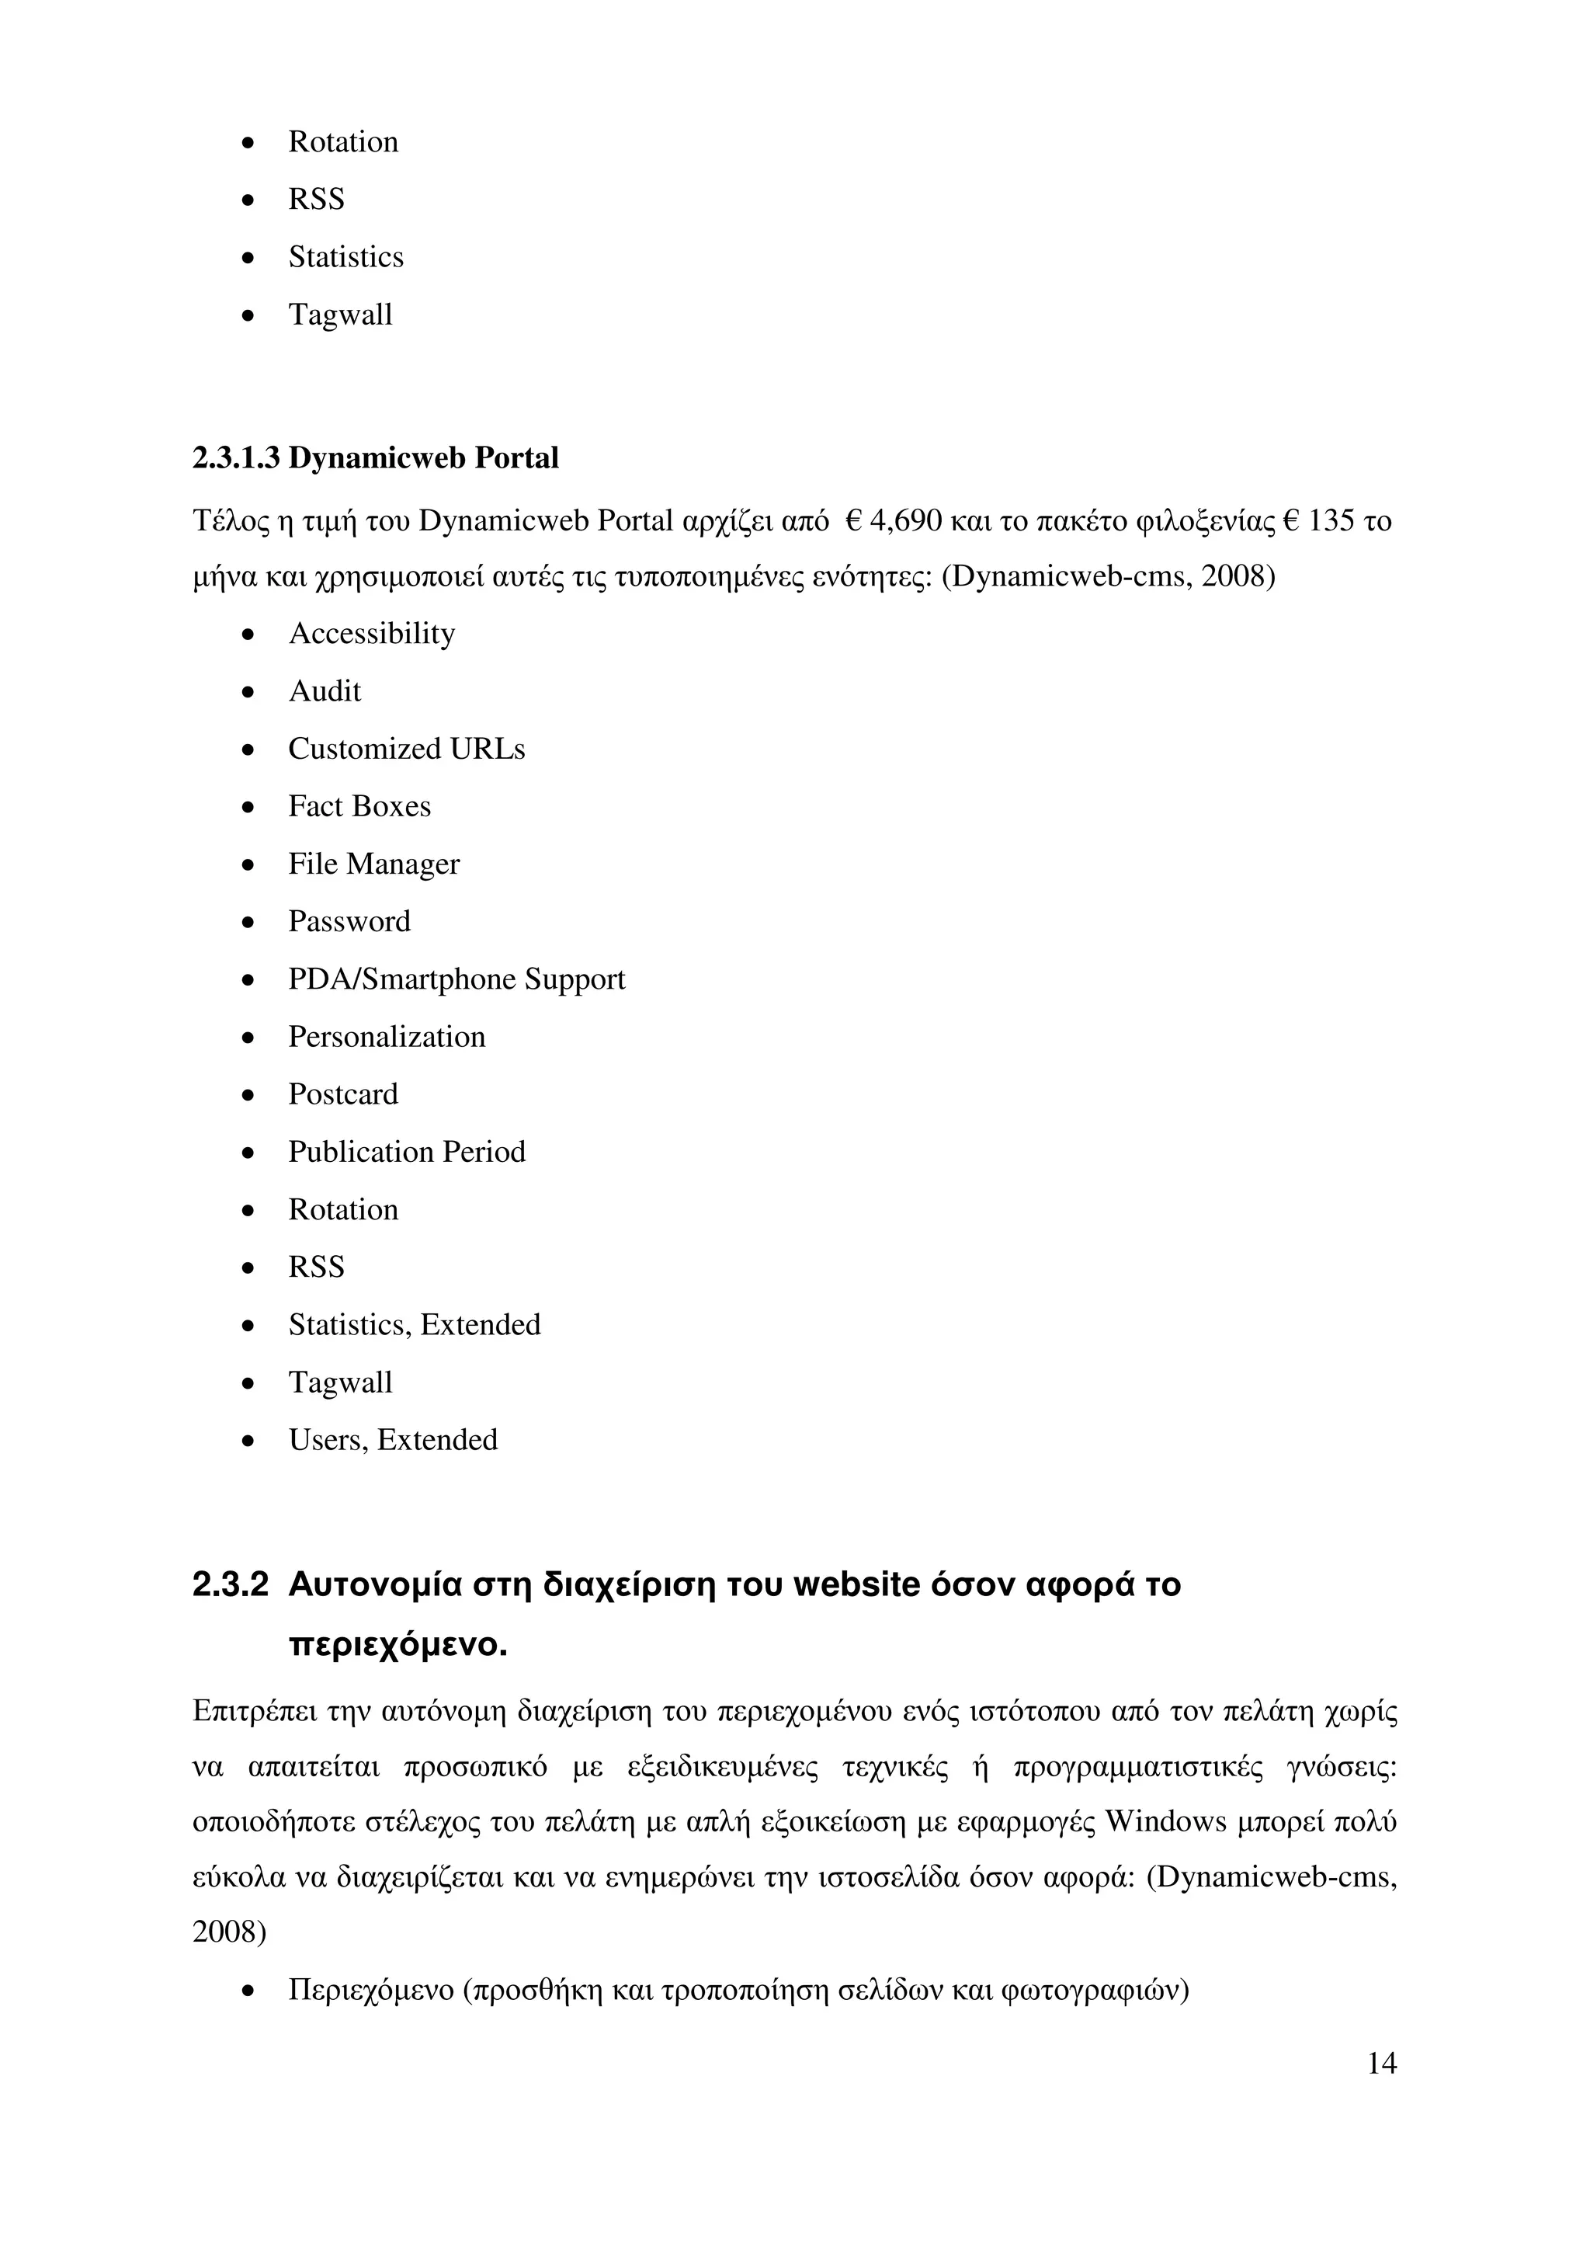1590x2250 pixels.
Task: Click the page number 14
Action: pyautogui.click(x=1380, y=2063)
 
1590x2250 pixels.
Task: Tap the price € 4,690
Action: pyautogui.click(x=891, y=520)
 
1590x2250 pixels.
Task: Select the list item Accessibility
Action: pyautogui.click(x=371, y=634)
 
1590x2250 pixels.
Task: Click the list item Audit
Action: pyautogui.click(x=325, y=692)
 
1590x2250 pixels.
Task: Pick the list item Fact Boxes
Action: pyautogui.click(x=359, y=806)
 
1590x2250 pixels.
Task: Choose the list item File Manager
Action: pyautogui.click(x=373, y=864)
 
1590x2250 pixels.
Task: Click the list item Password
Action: pyautogui.click(x=349, y=921)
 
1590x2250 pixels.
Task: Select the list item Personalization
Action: pyautogui.click(x=386, y=1037)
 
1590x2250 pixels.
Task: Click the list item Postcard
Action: pyautogui.click(x=343, y=1094)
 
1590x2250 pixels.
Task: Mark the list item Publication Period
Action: pyautogui.click(x=407, y=1152)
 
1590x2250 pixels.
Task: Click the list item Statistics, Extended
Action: pyautogui.click(x=415, y=1325)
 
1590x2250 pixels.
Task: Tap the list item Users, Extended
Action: pyautogui.click(x=393, y=1440)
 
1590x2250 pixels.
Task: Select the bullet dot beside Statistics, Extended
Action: pyautogui.click(x=249, y=1326)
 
